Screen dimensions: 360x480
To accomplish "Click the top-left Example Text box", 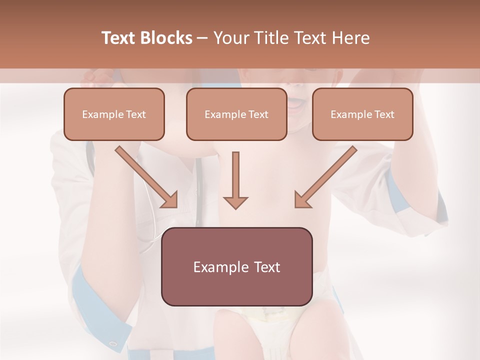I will [114, 114].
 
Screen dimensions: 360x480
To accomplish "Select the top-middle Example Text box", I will [236, 114].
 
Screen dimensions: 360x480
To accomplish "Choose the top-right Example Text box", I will [362, 114].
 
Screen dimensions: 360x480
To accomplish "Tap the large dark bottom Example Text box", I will [236, 267].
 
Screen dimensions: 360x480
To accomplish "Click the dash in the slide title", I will [202, 38].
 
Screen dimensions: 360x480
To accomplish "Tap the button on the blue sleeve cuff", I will [113, 343].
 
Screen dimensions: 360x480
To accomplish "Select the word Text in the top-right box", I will [384, 114].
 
